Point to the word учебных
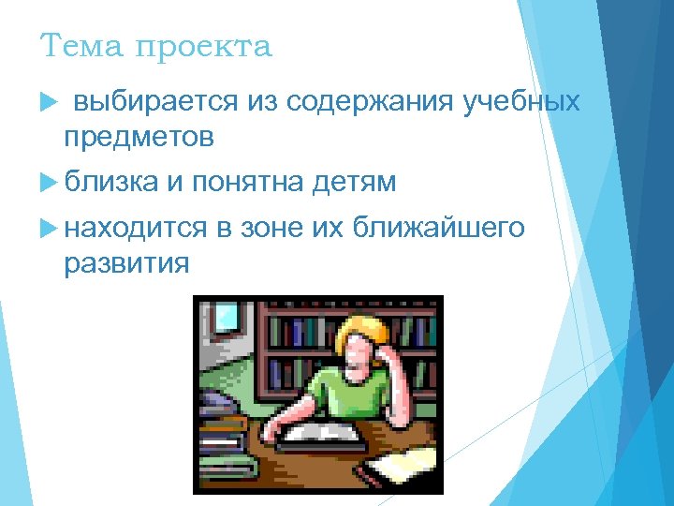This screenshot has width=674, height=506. pos(521,100)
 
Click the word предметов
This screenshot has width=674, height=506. pos(139,138)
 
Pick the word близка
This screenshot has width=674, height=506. pos(111,182)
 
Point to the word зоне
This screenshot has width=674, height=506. pos(273,228)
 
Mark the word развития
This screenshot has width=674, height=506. pos(126,264)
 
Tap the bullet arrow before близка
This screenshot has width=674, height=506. pos(51,182)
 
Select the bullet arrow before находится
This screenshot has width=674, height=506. pos(51,228)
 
